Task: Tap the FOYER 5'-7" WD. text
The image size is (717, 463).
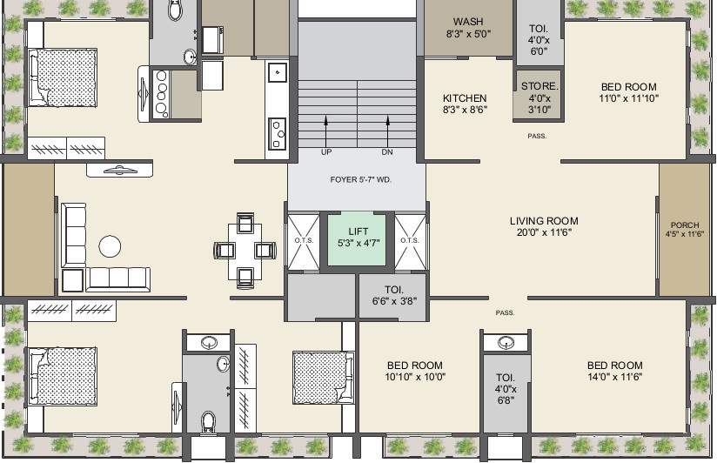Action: pos(357,181)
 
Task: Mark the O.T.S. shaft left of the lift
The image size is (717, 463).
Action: pos(304,240)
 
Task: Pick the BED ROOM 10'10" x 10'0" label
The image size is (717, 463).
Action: pos(415,372)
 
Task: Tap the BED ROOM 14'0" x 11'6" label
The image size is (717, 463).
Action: pos(614,372)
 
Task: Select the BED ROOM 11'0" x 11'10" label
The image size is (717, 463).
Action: pos(628,92)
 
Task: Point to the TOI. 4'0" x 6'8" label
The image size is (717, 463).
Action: pos(506,389)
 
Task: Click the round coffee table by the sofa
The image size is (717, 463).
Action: pos(110,246)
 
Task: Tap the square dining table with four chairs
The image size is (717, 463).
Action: pos(245,251)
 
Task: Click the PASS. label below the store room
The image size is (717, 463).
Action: pos(537,137)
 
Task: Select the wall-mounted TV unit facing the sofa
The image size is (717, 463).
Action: pos(120,171)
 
